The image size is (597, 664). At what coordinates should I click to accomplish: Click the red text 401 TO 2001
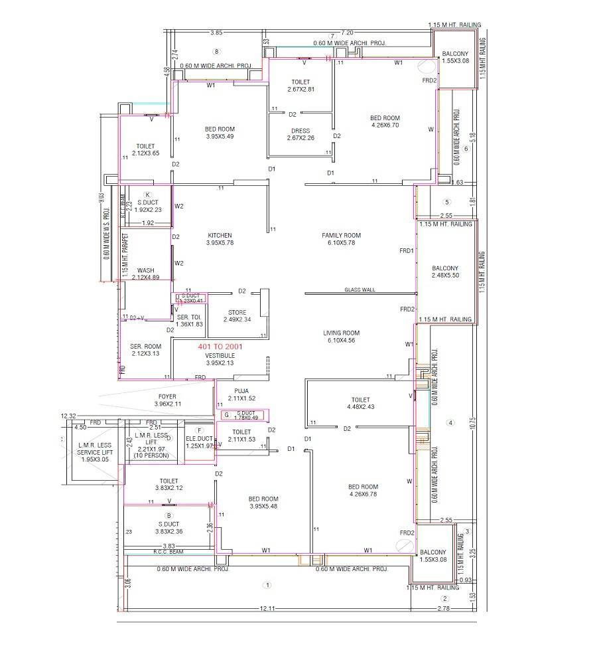tap(220, 347)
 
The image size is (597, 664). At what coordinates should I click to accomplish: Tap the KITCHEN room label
tap(220, 236)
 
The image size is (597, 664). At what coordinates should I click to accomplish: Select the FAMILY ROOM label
tap(341, 236)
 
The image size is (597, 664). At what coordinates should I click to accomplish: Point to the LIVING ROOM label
tap(341, 333)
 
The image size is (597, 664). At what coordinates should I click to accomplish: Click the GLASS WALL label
tap(360, 290)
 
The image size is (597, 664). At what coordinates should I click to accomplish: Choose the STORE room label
tap(237, 312)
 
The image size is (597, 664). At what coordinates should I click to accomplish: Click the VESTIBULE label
tap(220, 355)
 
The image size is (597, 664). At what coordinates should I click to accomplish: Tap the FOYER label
tap(149, 396)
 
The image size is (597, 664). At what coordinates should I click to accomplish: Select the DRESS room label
tap(300, 131)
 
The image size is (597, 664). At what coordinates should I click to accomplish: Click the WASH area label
tap(145, 270)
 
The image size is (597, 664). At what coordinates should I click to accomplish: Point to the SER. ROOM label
tap(145, 346)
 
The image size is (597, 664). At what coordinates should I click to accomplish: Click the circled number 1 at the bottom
tap(267, 585)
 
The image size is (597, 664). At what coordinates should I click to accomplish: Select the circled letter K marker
tap(147, 194)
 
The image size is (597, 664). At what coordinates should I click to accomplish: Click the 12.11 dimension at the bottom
tap(267, 608)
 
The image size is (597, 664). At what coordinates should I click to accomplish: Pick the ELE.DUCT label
tap(199, 438)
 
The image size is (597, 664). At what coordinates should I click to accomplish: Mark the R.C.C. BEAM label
tap(168, 552)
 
